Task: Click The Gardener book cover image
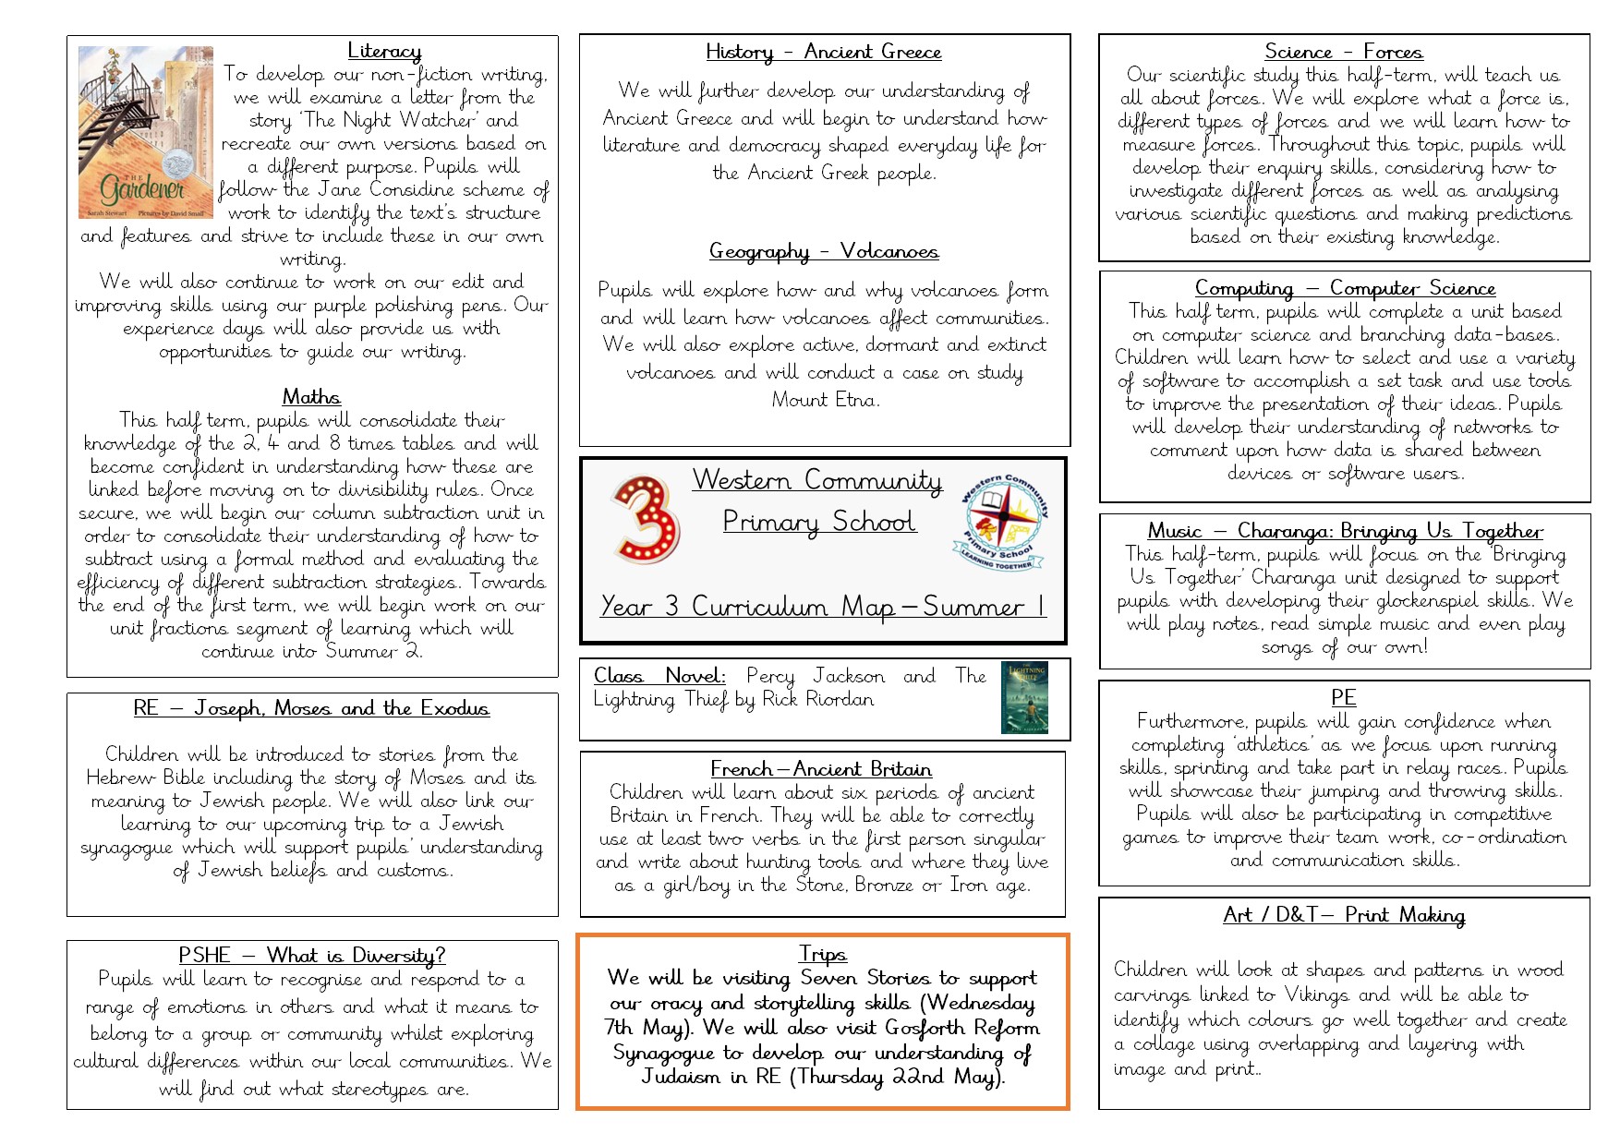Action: (x=145, y=132)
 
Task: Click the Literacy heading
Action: (x=384, y=52)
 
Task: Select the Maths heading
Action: (x=311, y=397)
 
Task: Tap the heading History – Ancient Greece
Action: (x=823, y=53)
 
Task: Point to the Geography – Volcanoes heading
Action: (x=823, y=251)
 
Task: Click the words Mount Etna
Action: (x=825, y=400)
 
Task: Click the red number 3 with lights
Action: (x=646, y=519)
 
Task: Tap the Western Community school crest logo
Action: (x=1000, y=522)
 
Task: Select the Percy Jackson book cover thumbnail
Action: (x=1023, y=698)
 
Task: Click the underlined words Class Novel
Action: (x=659, y=676)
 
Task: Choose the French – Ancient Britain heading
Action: (x=820, y=769)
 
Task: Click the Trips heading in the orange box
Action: (x=822, y=954)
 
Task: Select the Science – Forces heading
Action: (x=1343, y=53)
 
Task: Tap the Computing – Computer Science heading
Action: (x=1344, y=289)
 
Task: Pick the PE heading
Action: (x=1343, y=698)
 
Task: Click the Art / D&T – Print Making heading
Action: (x=1343, y=915)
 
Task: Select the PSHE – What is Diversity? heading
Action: (x=311, y=956)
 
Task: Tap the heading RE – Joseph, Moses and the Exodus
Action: (x=311, y=709)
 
